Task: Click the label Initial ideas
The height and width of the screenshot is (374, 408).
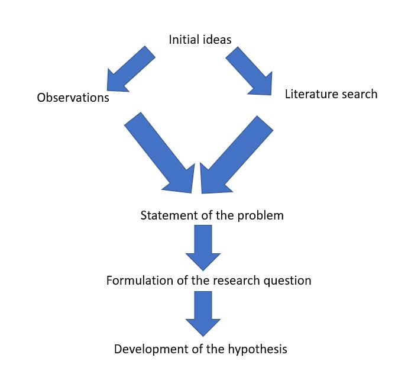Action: [x=200, y=40]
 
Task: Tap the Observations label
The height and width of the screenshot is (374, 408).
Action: [x=73, y=98]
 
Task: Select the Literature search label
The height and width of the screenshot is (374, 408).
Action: [x=331, y=93]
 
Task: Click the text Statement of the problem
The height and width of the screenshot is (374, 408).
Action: [x=212, y=215]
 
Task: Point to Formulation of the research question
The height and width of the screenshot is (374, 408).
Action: [x=208, y=280]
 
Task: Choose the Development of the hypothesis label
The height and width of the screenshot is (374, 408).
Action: [x=200, y=349]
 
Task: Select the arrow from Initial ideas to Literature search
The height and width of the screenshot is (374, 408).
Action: [x=249, y=70]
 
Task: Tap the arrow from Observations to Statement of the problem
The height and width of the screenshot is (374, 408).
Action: [x=160, y=153]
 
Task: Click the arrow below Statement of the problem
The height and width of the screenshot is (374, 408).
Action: [x=203, y=247]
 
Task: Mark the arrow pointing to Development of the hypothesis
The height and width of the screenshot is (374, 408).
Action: [x=203, y=314]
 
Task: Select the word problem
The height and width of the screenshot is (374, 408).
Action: [x=260, y=215]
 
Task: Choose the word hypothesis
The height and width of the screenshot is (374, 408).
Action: [x=257, y=349]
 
